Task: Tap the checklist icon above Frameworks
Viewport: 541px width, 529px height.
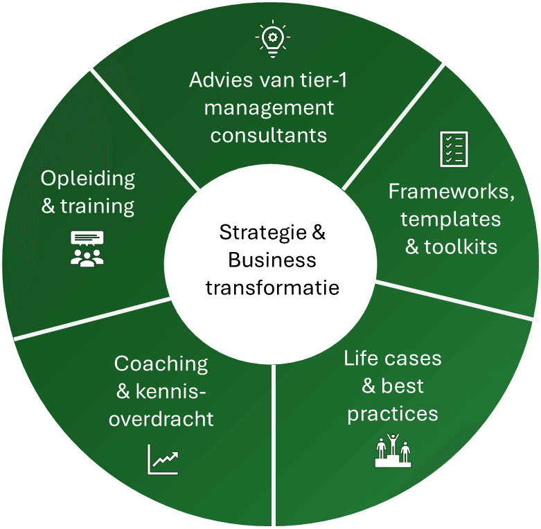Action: click(x=454, y=148)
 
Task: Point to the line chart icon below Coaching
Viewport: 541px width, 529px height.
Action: click(x=163, y=459)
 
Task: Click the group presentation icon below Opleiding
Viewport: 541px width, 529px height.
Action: click(x=87, y=249)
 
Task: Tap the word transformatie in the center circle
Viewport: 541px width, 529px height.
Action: click(x=272, y=286)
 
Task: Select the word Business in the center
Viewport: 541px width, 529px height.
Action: click(x=272, y=260)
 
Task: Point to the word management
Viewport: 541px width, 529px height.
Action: click(x=269, y=108)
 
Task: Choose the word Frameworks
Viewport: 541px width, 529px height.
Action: click(x=452, y=192)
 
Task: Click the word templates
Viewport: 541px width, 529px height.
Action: click(x=450, y=219)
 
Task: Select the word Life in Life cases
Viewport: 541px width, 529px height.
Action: click(x=360, y=359)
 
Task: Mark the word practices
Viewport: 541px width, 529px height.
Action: click(x=393, y=413)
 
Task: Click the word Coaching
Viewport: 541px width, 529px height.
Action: click(x=161, y=364)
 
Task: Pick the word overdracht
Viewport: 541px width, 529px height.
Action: click(x=161, y=419)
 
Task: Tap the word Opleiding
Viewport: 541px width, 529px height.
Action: click(x=87, y=178)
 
